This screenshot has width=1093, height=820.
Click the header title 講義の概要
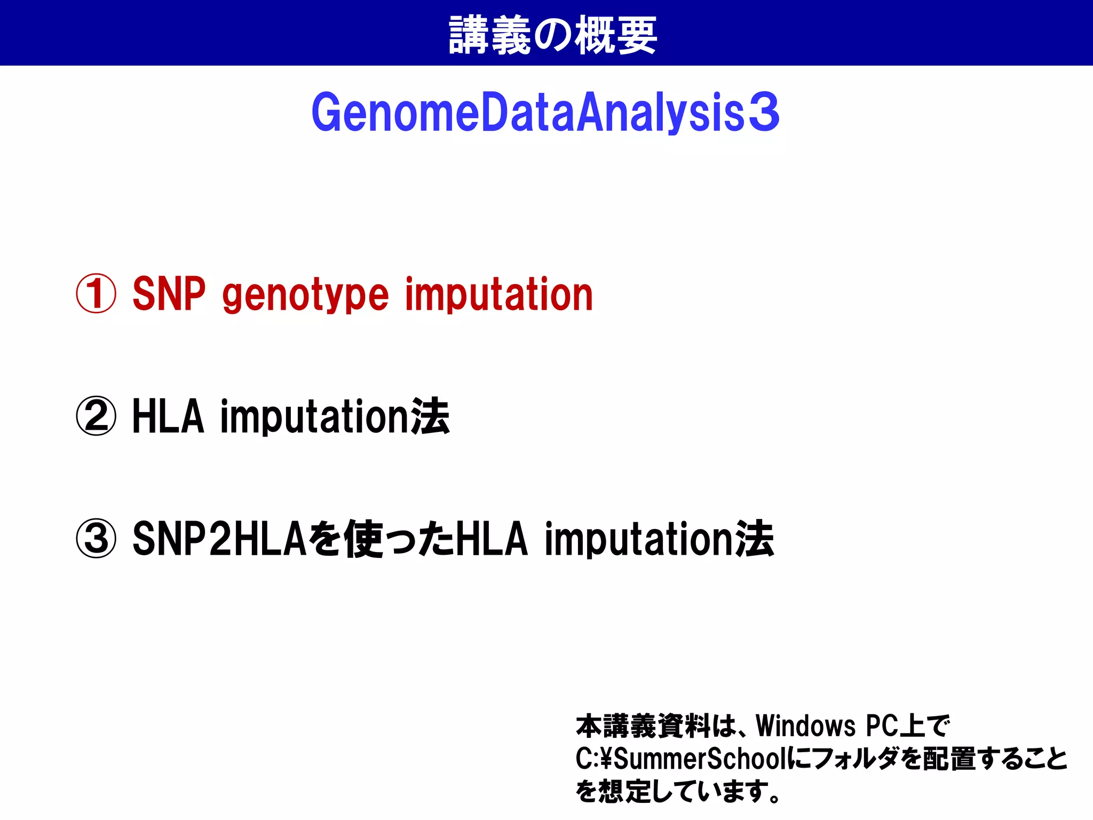pos(552,35)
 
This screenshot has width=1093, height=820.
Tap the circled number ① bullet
pos(96,294)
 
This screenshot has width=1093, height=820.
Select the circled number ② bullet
pos(96,416)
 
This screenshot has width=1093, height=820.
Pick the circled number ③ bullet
pos(96,539)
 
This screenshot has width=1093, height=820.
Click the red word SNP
pos(169,294)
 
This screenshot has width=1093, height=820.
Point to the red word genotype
pos(305,295)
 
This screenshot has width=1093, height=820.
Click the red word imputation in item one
pos(499,294)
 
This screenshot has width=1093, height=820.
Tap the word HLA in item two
pos(169,416)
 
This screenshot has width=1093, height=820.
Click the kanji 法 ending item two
pos(430,416)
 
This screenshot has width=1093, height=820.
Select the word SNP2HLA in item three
pos(219,539)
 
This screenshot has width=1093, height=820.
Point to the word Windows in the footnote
pos(806,726)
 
